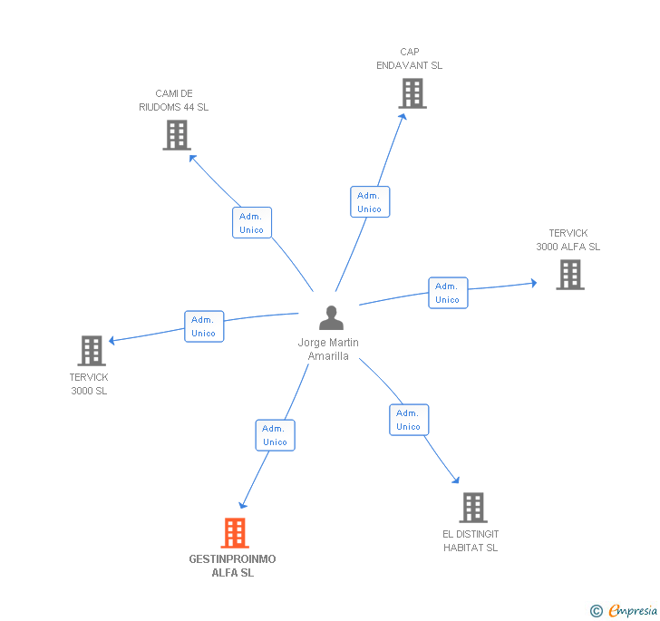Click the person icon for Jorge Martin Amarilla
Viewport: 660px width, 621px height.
(332, 318)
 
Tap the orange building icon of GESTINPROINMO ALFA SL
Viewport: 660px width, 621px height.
(235, 533)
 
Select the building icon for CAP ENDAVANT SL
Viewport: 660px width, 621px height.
(412, 93)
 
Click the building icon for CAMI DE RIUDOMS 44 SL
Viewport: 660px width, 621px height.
(176, 135)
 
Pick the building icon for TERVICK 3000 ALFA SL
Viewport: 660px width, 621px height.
(569, 275)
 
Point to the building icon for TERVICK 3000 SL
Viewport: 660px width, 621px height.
(92, 351)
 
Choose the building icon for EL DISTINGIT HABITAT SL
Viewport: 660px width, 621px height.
(472, 508)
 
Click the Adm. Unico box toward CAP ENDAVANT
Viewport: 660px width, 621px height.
(369, 202)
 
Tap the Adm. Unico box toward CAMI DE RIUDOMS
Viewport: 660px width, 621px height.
(251, 223)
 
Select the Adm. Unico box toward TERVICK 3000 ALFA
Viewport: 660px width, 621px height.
(448, 293)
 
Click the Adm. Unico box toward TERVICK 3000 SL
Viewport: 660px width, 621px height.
(204, 326)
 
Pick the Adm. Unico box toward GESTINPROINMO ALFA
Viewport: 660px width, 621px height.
(275, 435)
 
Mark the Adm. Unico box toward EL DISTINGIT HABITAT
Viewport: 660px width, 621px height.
(409, 420)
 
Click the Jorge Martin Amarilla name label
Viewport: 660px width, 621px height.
(328, 349)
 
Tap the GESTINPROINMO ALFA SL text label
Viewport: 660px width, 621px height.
(232, 566)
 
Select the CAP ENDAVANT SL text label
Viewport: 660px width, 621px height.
(410, 59)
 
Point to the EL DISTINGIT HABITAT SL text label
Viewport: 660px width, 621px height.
(471, 540)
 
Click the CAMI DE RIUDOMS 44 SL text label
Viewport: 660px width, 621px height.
(174, 100)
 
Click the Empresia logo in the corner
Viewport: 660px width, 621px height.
(632, 610)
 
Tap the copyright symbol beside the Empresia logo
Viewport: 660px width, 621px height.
(597, 611)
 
